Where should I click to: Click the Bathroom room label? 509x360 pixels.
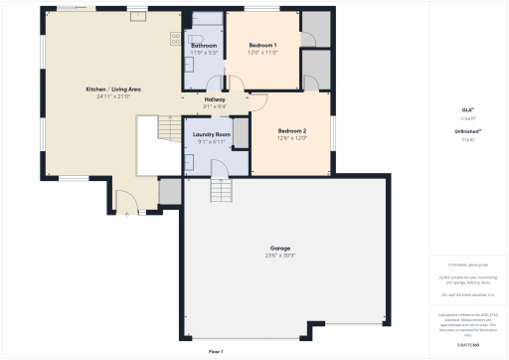tap(204, 46)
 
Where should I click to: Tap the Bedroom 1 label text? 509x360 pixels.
tap(262, 45)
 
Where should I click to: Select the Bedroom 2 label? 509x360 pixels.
tap(291, 131)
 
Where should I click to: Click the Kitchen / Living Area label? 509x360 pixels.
tap(112, 90)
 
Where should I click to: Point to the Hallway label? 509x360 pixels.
tap(215, 99)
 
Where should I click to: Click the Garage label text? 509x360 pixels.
tap(280, 248)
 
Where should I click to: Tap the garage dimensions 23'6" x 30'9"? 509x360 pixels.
tap(280, 256)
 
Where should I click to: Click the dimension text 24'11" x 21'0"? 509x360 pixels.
tap(112, 97)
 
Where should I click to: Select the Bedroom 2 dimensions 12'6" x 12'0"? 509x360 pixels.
tap(291, 139)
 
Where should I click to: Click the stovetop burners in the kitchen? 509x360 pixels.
tap(175, 39)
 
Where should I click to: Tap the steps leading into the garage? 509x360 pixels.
tap(220, 190)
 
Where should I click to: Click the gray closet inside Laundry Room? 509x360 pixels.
tap(240, 132)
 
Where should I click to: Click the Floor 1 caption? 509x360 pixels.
tap(216, 352)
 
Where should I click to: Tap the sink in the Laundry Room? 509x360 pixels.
tap(188, 159)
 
